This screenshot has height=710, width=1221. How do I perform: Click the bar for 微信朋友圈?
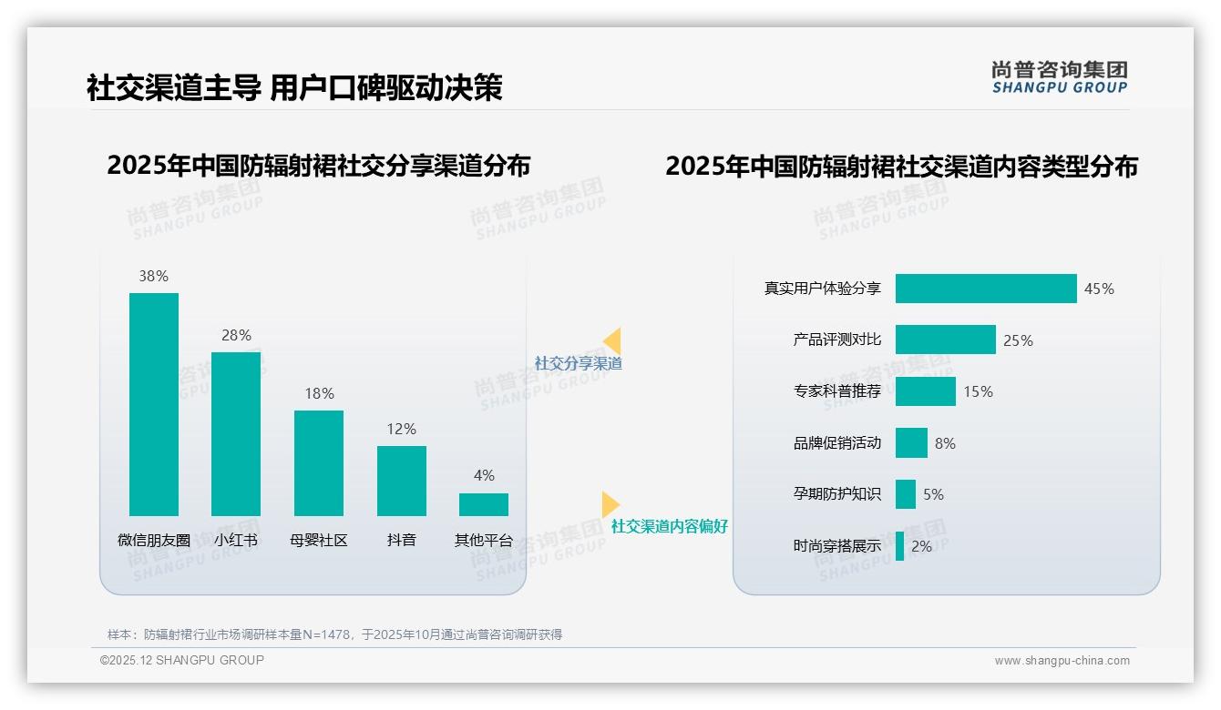point(154,404)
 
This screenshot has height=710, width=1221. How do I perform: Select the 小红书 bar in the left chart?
point(236,433)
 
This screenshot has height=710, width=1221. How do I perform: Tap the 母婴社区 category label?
point(319,540)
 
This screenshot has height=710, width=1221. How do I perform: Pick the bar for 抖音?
point(401,481)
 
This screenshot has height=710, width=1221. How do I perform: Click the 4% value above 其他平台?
point(484,475)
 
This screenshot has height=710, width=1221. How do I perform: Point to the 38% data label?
point(153,276)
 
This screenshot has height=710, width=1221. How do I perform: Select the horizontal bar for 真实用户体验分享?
point(985,289)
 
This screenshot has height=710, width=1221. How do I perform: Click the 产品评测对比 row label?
point(836,340)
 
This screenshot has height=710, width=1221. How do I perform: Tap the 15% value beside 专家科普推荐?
point(978,391)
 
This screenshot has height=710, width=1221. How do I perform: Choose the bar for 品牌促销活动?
point(911,443)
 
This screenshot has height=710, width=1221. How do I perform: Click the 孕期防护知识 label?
point(836,494)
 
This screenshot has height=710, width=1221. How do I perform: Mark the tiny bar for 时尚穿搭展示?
point(899,546)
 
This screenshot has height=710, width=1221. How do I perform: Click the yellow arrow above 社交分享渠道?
point(612,341)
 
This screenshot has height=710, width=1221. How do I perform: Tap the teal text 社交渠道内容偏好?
point(669,526)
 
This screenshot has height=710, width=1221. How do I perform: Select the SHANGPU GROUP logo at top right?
point(1059,77)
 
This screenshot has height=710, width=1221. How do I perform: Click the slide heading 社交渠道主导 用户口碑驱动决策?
point(294,88)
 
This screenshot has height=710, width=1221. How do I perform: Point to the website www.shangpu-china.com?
point(1062,661)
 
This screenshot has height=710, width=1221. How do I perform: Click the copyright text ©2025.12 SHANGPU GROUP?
point(182,660)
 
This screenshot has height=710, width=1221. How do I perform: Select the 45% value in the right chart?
point(1099,289)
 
